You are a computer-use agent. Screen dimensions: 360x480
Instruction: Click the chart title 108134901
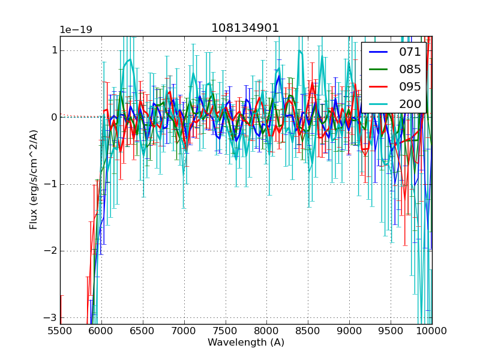pos(245,28)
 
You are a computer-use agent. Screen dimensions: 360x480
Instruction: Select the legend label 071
pos(410,52)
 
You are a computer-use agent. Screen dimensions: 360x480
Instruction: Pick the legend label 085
pos(410,69)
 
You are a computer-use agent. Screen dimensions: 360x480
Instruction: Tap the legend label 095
pos(410,86)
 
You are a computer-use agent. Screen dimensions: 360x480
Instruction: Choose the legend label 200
pos(410,104)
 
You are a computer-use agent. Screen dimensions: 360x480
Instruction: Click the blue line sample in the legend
pos(379,52)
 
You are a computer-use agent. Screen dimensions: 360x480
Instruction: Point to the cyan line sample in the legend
pos(379,104)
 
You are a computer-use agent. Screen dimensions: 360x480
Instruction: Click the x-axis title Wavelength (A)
pos(246,343)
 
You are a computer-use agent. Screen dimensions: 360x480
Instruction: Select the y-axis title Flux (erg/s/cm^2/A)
pos(34,180)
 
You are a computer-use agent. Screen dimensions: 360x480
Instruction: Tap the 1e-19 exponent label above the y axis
pos(76,30)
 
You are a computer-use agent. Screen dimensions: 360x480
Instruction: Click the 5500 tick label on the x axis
pos(60,331)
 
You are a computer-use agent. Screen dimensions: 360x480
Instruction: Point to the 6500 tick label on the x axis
pos(143,331)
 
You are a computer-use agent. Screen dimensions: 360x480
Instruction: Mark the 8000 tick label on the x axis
pos(266,331)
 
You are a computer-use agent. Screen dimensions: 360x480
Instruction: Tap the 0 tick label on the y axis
pos(53,117)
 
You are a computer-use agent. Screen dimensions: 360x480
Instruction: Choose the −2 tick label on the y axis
pos(50,251)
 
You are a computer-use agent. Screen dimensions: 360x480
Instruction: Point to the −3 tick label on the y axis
pos(50,317)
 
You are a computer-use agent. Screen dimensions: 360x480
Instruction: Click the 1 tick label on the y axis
pos(53,50)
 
